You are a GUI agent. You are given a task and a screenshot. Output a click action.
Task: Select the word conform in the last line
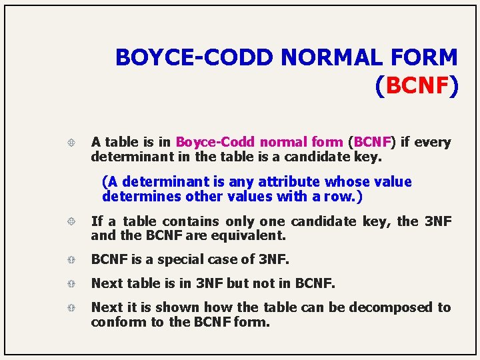coord(116,322)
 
